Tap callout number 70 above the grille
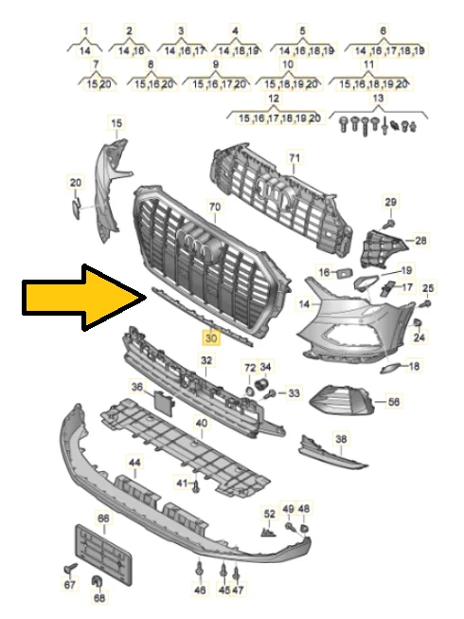(214, 206)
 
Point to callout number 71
(294, 157)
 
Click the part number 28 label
(420, 241)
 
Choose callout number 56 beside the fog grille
(394, 402)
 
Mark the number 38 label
(341, 439)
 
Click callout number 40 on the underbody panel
(201, 423)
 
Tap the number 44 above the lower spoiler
(135, 463)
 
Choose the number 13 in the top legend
(378, 99)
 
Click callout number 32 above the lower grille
(206, 360)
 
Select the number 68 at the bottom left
(99, 598)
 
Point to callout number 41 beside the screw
(181, 483)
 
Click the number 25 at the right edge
(427, 287)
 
